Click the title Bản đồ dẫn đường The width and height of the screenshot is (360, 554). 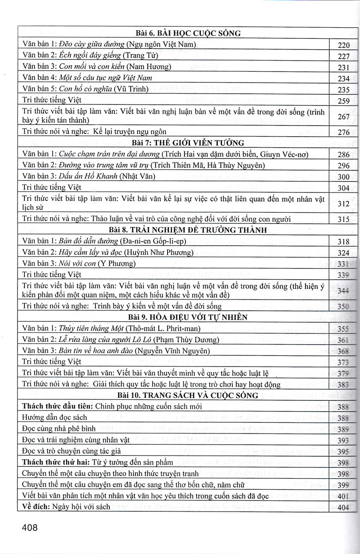[x=87, y=241]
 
